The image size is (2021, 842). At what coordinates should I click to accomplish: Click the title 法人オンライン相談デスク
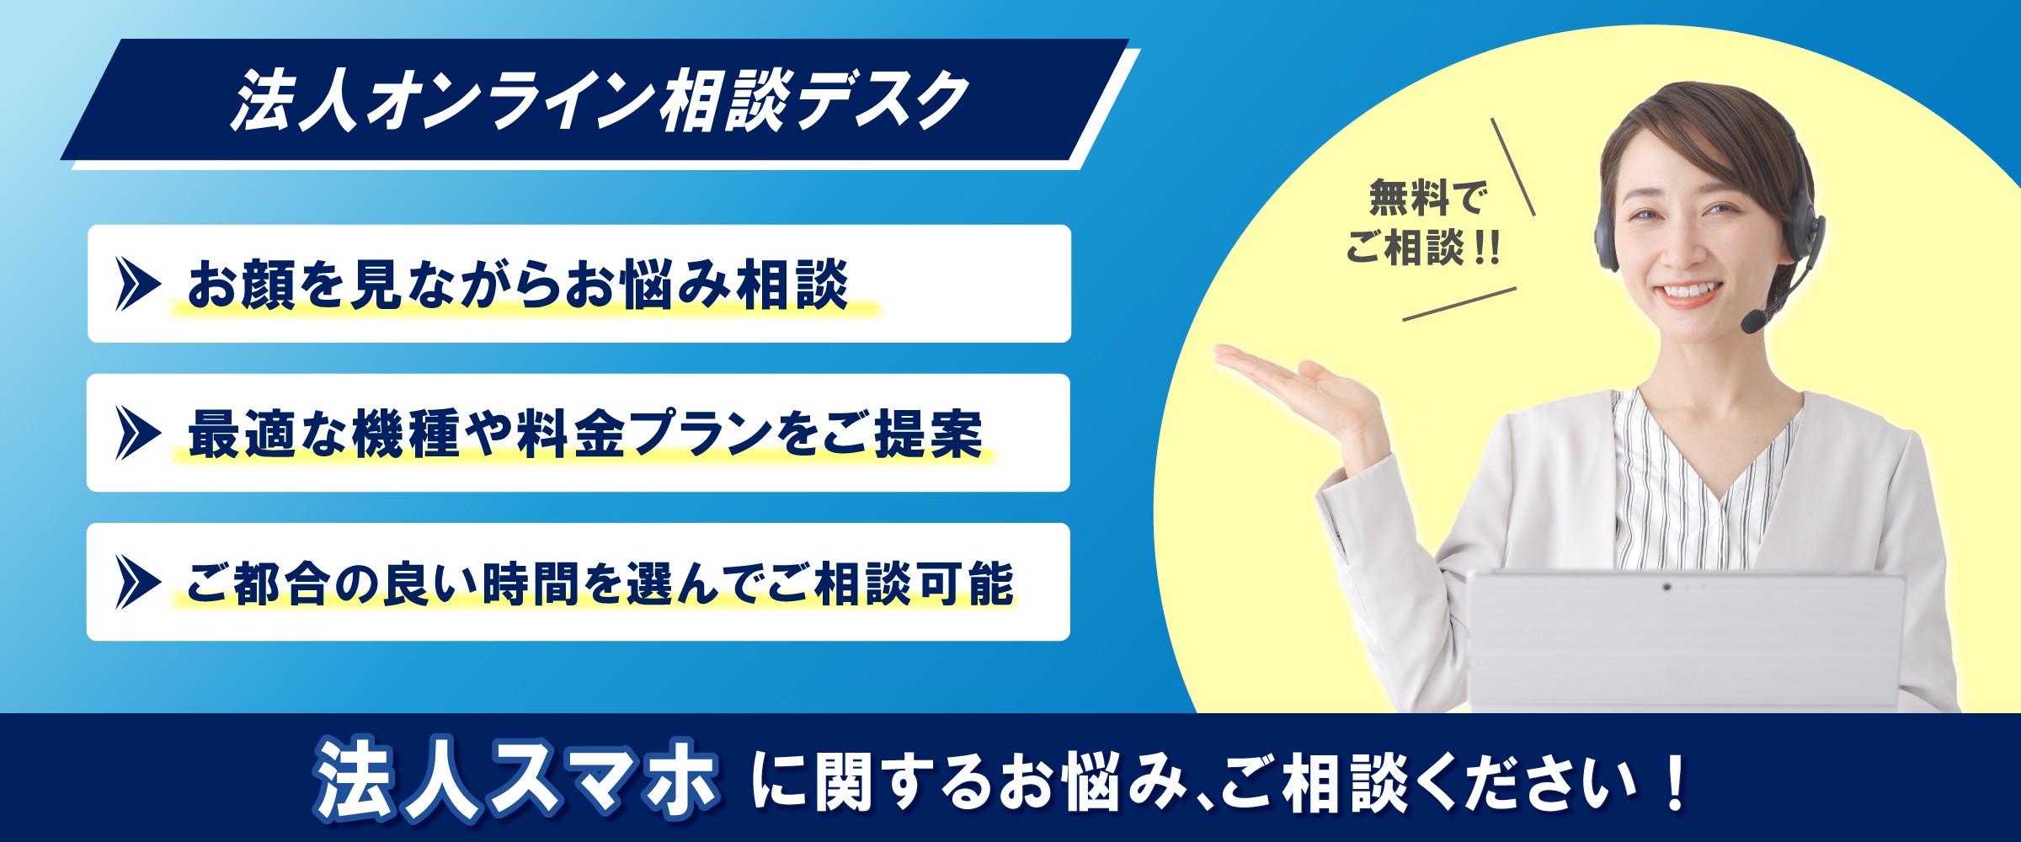pyautogui.click(x=600, y=101)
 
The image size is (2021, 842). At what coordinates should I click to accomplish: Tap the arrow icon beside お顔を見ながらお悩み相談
pyautogui.click(x=137, y=285)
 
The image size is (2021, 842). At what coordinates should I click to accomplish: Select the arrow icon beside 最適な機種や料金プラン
pyautogui.click(x=137, y=434)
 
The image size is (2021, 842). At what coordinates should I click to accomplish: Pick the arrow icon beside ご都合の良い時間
pyautogui.click(x=137, y=582)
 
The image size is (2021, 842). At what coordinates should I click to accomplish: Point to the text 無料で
pyautogui.click(x=1427, y=199)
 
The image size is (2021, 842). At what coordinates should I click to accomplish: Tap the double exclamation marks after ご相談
pyautogui.click(x=1487, y=248)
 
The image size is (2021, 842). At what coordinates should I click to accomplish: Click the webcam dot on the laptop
pyautogui.click(x=1666, y=586)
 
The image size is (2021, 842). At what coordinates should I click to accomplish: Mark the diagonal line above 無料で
pyautogui.click(x=1513, y=167)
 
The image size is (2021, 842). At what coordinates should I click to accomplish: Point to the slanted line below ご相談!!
pyautogui.click(x=1459, y=304)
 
